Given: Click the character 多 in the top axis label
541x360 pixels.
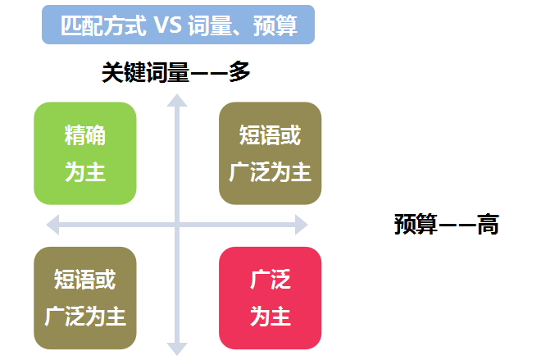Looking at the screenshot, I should point(239,72).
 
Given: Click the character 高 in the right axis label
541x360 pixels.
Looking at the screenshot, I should point(489,224).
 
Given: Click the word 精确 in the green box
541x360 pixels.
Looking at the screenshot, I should point(85,134).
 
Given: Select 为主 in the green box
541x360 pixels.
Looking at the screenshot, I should point(85,172).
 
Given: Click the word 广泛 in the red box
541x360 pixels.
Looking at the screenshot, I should point(270,279).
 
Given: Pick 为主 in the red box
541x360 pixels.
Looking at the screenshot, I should point(270,317).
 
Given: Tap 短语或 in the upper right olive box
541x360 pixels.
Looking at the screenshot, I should point(270,134).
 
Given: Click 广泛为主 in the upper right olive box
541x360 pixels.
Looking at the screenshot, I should point(270,172).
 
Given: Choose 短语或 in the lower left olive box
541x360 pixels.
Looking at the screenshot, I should point(85,279).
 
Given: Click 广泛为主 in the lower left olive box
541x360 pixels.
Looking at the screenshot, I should point(85,317).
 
